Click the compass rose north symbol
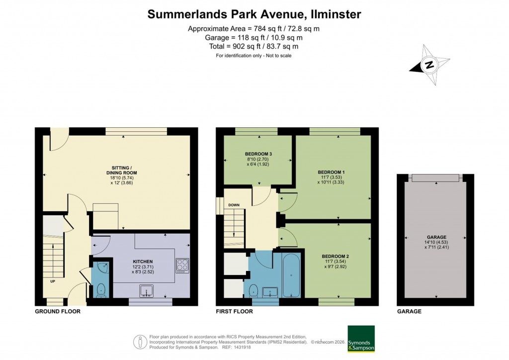click(x=429, y=65)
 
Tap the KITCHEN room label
click(x=142, y=261)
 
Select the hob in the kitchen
click(x=182, y=265)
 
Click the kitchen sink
click(x=147, y=289)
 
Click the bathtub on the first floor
click(x=291, y=274)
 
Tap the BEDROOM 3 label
click(x=257, y=153)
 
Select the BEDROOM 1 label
click(x=331, y=173)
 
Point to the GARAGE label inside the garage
click(x=436, y=237)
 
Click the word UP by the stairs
click(x=52, y=281)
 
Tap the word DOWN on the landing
click(x=234, y=205)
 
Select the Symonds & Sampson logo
click(x=361, y=339)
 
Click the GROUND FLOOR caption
click(x=57, y=312)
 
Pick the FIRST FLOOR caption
click(x=235, y=312)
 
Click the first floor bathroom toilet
click(x=254, y=289)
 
